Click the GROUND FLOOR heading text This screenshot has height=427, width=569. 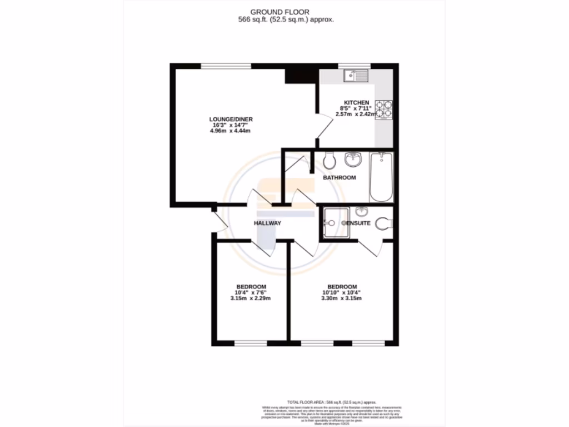pos(284,12)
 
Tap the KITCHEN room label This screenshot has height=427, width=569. pos(356,102)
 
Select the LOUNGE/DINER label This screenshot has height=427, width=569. pos(231,120)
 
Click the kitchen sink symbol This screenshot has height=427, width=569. pos(356,76)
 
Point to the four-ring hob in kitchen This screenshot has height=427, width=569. pos(383,110)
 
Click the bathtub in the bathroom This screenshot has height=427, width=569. pos(381,177)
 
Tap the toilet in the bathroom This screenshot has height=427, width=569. pos(329,161)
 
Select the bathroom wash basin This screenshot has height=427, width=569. pos(353,160)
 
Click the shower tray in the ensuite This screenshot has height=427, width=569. pos(336,223)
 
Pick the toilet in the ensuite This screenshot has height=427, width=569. pos(383,224)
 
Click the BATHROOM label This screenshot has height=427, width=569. pos(340,178)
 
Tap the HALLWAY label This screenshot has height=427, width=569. pos(267,223)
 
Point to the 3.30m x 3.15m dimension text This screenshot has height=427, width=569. pos(342,299)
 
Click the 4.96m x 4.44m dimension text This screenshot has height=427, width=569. pos(231,132)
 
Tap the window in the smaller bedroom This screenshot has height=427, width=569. pos(249,342)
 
